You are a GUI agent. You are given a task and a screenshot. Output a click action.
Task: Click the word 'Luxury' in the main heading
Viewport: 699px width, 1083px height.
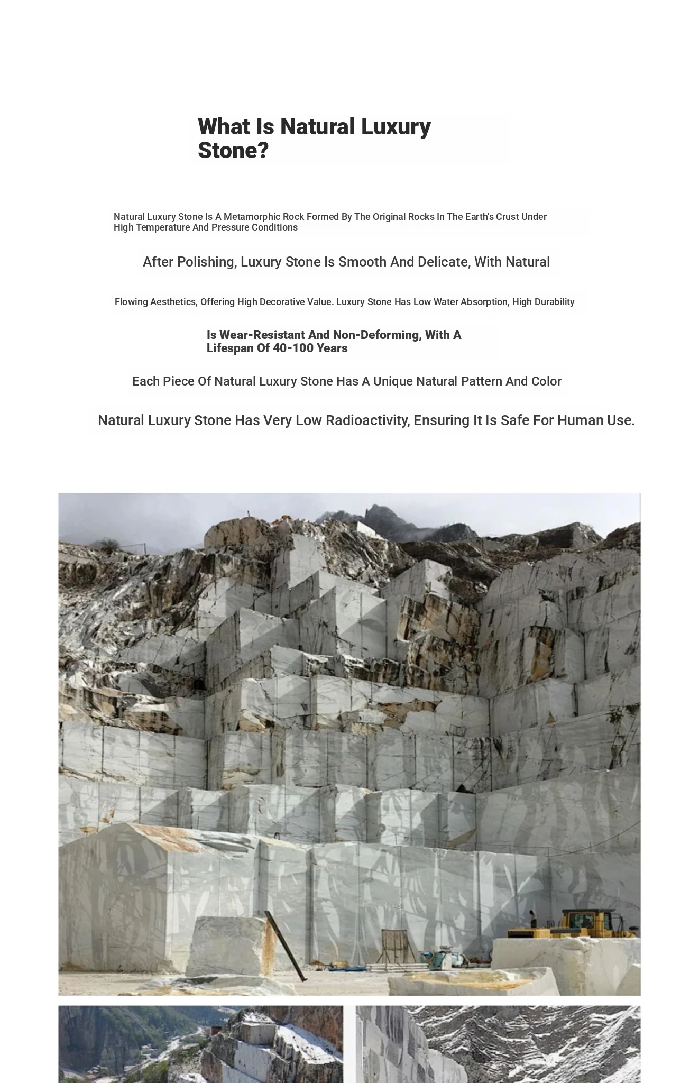coord(396,127)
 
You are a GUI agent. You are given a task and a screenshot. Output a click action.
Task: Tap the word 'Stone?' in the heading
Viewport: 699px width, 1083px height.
coord(233,151)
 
